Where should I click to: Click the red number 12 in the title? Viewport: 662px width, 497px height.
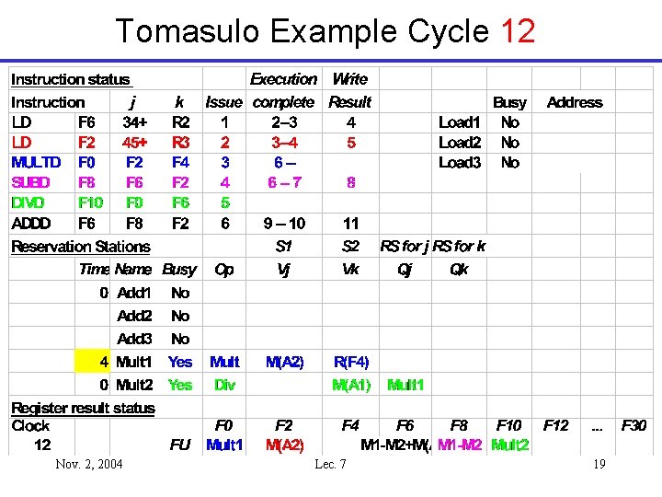tap(518, 31)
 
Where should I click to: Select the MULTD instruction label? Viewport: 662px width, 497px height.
tap(36, 162)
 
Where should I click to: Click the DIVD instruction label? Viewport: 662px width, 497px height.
tap(30, 202)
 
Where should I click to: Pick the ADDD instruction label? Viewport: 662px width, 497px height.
tap(31, 223)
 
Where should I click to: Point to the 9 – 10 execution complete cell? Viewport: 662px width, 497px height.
tap(284, 223)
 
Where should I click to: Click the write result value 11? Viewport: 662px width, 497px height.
tap(351, 223)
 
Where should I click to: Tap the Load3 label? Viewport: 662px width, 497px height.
tap(460, 162)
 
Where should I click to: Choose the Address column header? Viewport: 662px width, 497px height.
tap(575, 102)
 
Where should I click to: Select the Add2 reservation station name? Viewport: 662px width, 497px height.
tap(134, 316)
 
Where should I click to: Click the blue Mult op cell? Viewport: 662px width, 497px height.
tap(224, 362)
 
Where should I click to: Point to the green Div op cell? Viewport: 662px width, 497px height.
tap(224, 385)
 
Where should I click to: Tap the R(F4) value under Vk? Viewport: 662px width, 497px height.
tap(351, 362)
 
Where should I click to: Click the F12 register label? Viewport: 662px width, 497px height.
tap(555, 425)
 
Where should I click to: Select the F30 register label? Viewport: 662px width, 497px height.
tap(634, 425)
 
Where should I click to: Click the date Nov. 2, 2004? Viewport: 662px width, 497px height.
tap(89, 464)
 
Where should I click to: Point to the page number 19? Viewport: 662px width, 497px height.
tap(599, 464)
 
